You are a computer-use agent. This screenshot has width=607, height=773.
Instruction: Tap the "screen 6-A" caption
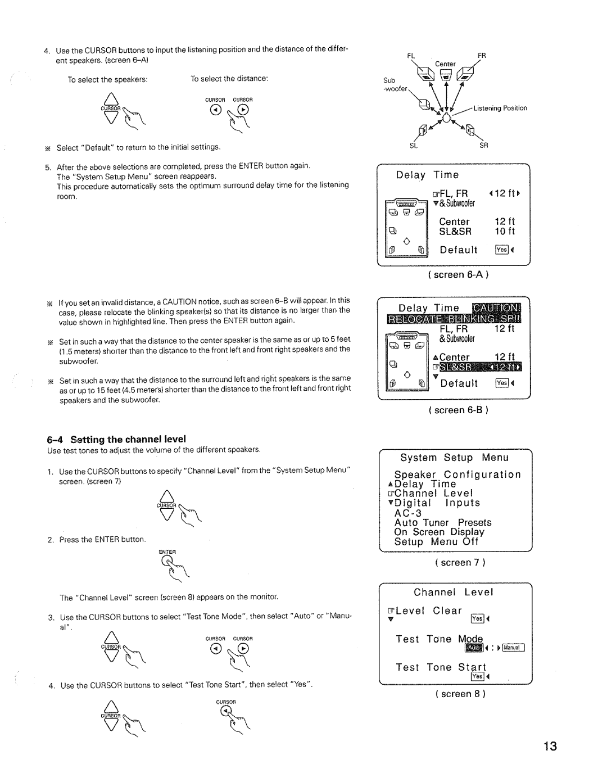tap(459, 274)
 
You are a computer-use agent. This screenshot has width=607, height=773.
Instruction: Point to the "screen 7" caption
tap(460, 562)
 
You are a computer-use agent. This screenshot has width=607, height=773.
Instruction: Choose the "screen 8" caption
tap(460, 694)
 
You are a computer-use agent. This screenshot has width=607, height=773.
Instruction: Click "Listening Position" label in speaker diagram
tap(500, 109)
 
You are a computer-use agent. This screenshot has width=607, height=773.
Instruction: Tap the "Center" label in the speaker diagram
tap(445, 64)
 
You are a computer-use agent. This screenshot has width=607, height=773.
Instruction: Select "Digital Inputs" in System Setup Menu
tap(437, 503)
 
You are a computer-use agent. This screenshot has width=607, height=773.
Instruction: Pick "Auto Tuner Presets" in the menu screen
tap(442, 522)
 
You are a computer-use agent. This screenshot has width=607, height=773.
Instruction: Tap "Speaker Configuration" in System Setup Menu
tap(457, 474)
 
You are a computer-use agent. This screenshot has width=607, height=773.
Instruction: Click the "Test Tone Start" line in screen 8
tap(441, 667)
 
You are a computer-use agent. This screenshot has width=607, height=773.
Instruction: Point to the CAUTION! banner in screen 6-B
tap(497, 308)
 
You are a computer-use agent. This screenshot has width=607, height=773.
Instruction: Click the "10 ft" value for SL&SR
tap(505, 232)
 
